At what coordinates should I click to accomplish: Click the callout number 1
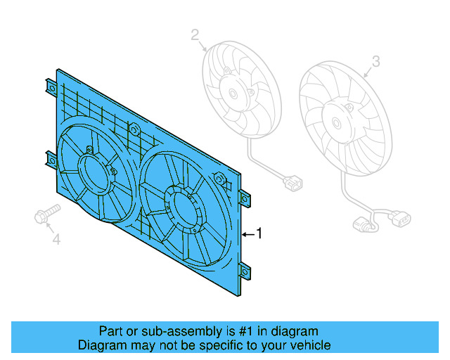[x=259, y=233]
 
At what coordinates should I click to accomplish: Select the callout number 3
[x=375, y=62]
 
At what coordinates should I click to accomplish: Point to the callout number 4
[x=57, y=240]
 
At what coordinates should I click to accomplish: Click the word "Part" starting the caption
[x=110, y=331]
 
